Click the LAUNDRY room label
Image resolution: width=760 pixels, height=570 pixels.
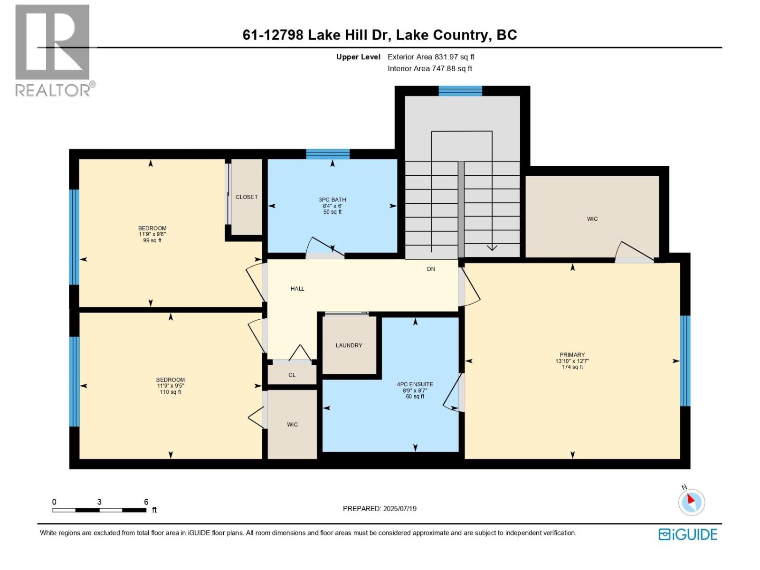(x=349, y=345)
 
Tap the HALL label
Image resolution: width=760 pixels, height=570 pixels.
(x=297, y=289)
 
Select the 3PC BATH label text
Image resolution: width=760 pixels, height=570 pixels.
(x=332, y=199)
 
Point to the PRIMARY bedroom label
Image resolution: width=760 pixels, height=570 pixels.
(x=572, y=355)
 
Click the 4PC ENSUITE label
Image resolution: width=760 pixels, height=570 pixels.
(x=415, y=384)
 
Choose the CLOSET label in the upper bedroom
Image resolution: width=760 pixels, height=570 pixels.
(x=247, y=197)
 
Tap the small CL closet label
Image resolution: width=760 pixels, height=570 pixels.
(x=292, y=375)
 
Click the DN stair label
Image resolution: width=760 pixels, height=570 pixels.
(x=431, y=269)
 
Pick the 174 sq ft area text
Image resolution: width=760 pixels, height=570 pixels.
(x=572, y=367)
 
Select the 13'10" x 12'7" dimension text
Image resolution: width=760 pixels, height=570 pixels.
(x=572, y=361)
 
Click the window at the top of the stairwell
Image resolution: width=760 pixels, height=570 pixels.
(x=460, y=91)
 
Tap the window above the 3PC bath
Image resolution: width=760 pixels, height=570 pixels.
(x=328, y=154)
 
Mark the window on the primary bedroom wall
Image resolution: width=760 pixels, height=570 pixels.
(x=685, y=361)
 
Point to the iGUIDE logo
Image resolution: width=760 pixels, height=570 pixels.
(x=688, y=534)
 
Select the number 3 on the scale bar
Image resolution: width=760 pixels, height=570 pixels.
(x=99, y=502)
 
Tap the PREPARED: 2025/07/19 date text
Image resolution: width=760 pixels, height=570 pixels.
(x=380, y=509)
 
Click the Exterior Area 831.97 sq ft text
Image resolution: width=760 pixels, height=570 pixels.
(x=431, y=57)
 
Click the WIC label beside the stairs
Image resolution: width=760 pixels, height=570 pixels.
(x=592, y=219)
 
